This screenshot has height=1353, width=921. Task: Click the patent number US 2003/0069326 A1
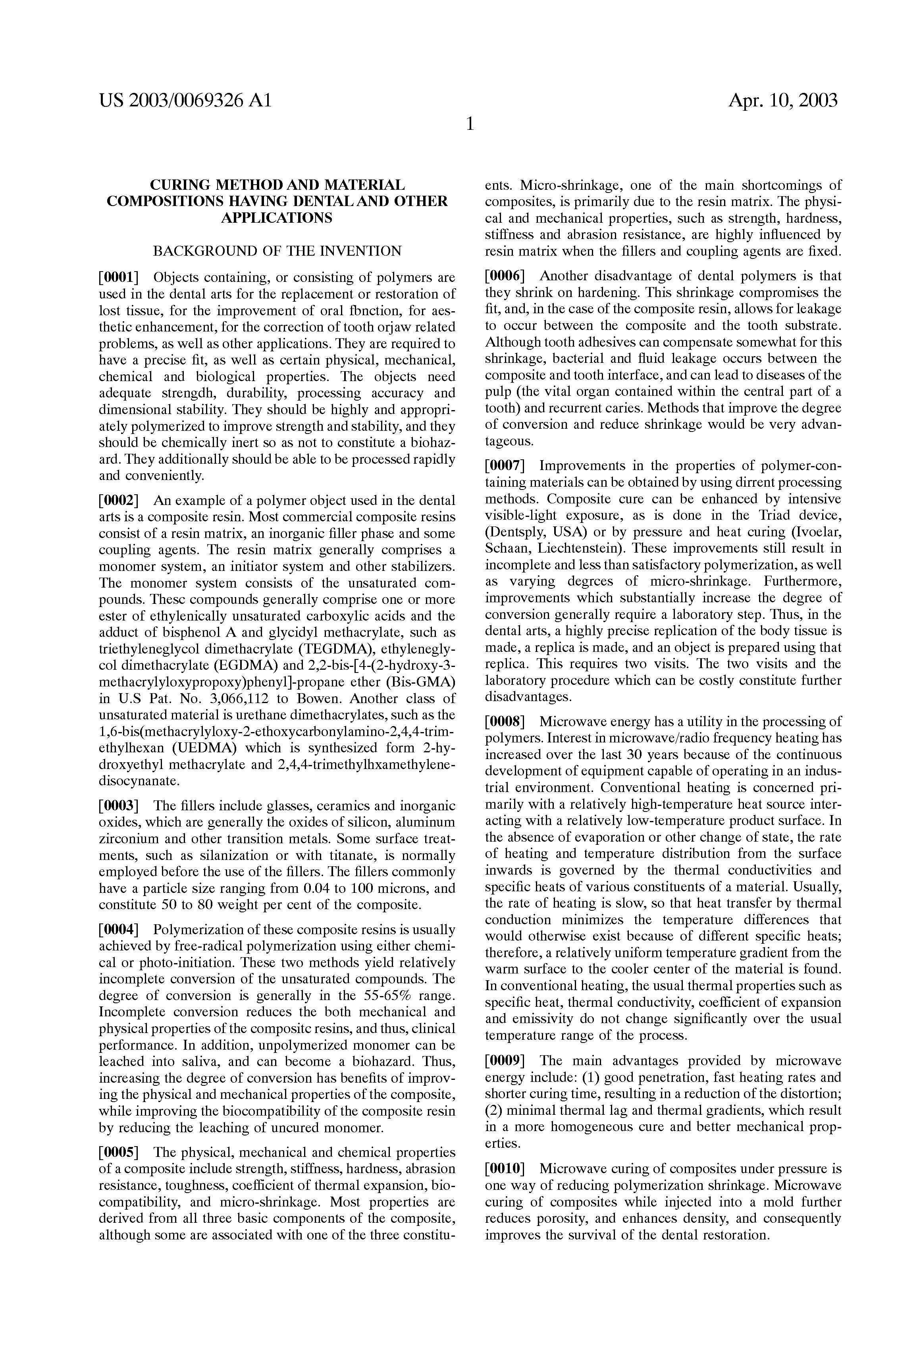(185, 101)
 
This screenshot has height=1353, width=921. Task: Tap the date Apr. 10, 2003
(782, 101)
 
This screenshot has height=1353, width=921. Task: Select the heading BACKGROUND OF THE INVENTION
(277, 252)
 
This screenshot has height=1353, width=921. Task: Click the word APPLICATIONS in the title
(277, 218)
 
